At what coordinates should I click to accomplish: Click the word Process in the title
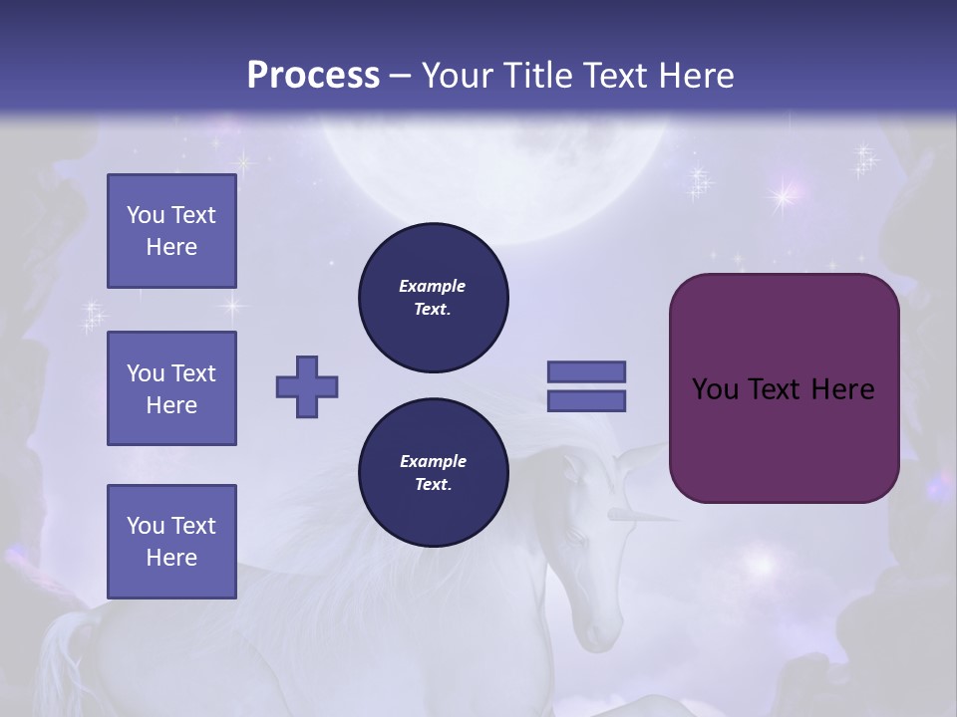[313, 76]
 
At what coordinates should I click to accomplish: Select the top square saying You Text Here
[171, 231]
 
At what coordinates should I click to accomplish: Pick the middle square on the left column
[171, 388]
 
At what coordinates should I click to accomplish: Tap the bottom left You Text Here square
[171, 541]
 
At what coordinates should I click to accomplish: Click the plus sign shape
[307, 386]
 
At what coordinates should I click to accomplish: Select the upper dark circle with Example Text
[433, 298]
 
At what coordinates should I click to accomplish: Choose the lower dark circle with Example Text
[433, 473]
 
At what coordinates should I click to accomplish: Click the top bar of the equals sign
[586, 371]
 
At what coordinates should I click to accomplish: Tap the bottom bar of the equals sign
[586, 401]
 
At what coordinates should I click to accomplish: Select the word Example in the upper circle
[433, 286]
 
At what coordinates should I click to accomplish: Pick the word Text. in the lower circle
[433, 485]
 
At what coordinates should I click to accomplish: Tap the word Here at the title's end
[696, 76]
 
